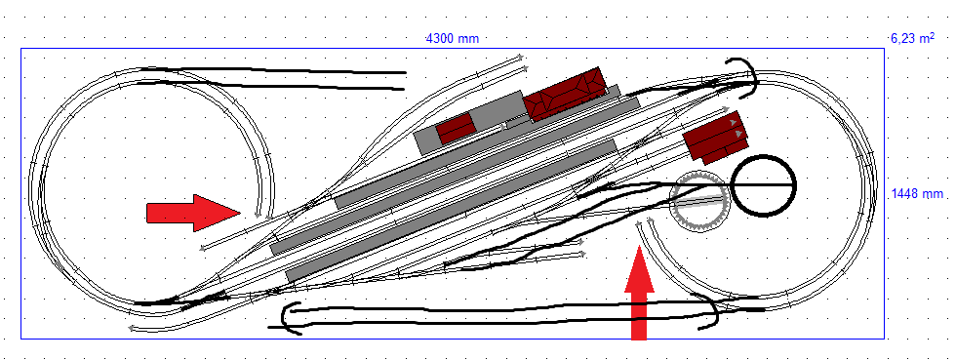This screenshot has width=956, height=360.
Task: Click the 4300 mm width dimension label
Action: tap(453, 38)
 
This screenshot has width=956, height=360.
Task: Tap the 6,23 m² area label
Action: tap(912, 38)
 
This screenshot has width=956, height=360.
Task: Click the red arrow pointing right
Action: tap(193, 213)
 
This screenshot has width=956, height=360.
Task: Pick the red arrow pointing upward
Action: tap(639, 293)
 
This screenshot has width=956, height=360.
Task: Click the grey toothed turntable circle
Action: tap(698, 201)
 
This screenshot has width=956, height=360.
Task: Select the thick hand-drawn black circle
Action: tap(763, 185)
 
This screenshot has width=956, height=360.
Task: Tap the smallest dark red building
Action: tap(457, 128)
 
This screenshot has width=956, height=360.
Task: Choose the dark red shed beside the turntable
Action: tap(715, 139)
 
